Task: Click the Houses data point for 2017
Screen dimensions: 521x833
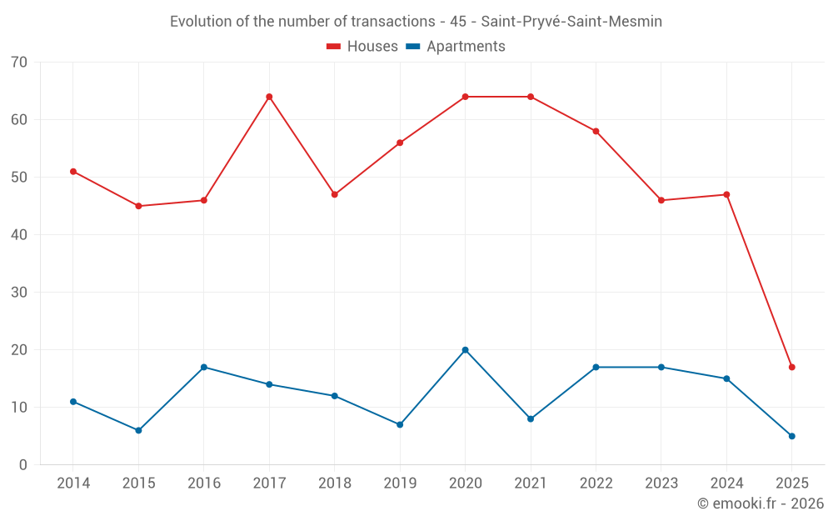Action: pyautogui.click(x=269, y=97)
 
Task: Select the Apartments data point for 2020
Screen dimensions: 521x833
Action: pyautogui.click(x=465, y=350)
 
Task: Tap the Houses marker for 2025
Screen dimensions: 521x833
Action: pyautogui.click(x=791, y=367)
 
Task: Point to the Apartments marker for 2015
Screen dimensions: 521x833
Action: pyautogui.click(x=138, y=430)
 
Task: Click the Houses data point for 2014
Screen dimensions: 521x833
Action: pyautogui.click(x=73, y=172)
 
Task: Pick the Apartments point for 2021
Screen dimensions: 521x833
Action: pyautogui.click(x=531, y=418)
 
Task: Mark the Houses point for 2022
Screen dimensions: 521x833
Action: pyautogui.click(x=596, y=131)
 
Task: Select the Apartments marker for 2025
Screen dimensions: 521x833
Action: pyautogui.click(x=791, y=436)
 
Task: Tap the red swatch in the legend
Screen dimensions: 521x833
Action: pyautogui.click(x=334, y=47)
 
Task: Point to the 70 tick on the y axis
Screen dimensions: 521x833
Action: pyautogui.click(x=19, y=63)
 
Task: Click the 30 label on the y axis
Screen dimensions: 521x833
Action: pyautogui.click(x=19, y=293)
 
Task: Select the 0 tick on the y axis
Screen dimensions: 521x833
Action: pyautogui.click(x=23, y=465)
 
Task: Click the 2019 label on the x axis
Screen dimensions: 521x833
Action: pyautogui.click(x=400, y=483)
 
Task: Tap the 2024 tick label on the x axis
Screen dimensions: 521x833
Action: pyautogui.click(x=726, y=483)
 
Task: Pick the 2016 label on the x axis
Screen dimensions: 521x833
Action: pyautogui.click(x=203, y=483)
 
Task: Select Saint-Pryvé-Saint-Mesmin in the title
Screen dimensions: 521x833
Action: pyautogui.click(x=571, y=22)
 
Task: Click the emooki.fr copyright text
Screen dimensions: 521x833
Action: pyautogui.click(x=760, y=503)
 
